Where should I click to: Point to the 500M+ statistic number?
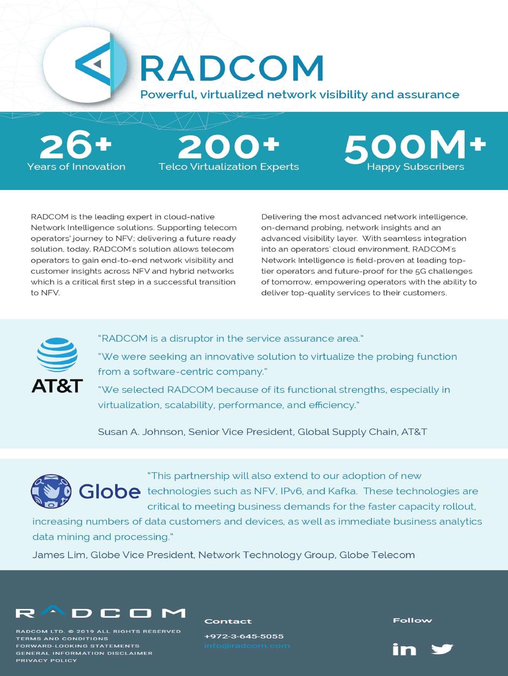(x=415, y=146)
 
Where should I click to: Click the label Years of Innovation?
(x=76, y=166)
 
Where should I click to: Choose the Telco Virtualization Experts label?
(x=229, y=166)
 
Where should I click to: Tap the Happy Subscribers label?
(x=415, y=166)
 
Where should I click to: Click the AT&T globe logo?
(x=57, y=355)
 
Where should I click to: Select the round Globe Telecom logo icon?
(x=51, y=491)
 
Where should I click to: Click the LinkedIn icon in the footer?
(x=404, y=649)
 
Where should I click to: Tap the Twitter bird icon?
(x=442, y=649)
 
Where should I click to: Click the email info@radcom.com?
(x=247, y=646)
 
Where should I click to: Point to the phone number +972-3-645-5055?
(x=244, y=636)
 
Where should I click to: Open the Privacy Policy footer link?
(x=46, y=660)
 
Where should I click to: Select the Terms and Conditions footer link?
(x=62, y=638)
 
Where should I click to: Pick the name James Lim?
(x=59, y=555)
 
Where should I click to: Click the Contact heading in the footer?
(x=228, y=621)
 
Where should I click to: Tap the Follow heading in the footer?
(x=412, y=620)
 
